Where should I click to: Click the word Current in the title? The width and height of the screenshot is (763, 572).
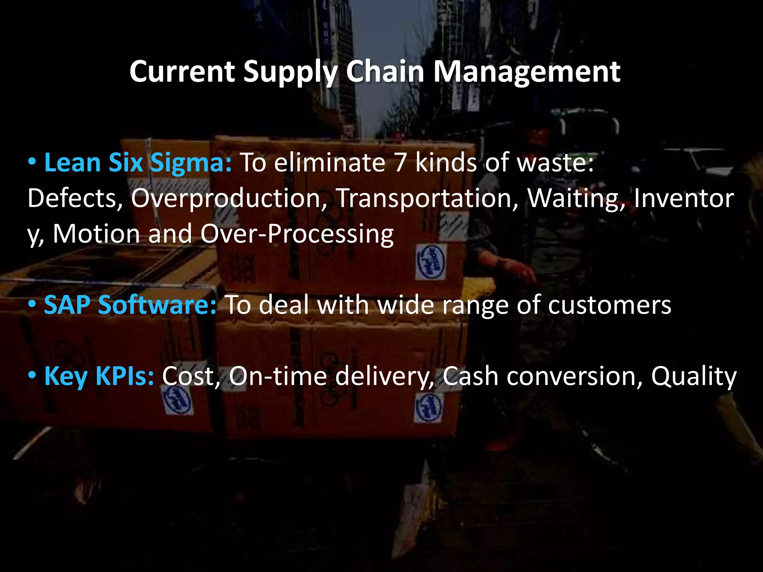click(182, 71)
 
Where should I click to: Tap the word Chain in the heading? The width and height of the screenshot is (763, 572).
click(385, 71)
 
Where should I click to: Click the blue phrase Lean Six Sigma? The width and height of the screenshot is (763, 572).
click(138, 163)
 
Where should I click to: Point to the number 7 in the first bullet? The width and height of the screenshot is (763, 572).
click(400, 163)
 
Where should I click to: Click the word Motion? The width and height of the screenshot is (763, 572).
click(96, 234)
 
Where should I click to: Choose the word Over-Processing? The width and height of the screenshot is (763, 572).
click(297, 234)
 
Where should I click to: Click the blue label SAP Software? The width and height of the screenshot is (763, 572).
click(130, 305)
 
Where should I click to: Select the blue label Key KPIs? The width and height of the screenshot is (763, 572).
click(99, 376)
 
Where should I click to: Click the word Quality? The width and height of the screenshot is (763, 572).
click(694, 376)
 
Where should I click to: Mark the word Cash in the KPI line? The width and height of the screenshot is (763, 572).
click(471, 376)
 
